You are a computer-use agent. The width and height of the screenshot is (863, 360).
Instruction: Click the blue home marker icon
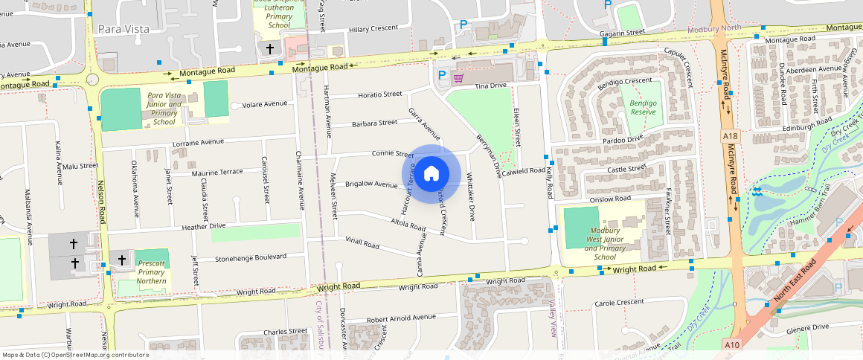click(x=431, y=174)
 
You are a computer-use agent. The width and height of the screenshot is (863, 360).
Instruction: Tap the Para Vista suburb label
click(x=123, y=29)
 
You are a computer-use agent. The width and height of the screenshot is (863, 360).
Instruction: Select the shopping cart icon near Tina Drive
click(x=459, y=77)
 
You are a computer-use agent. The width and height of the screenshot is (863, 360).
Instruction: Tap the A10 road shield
click(x=734, y=344)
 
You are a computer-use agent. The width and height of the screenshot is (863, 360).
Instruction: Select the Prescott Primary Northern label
click(x=152, y=272)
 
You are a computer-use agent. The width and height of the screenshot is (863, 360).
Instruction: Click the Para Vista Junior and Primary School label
click(x=164, y=109)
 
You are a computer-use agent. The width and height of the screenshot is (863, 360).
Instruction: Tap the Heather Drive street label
click(x=198, y=225)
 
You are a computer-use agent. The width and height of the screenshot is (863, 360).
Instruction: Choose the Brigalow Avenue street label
click(x=371, y=184)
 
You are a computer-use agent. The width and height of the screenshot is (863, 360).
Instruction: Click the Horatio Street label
click(x=379, y=94)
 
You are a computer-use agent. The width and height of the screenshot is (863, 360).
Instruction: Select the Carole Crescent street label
click(x=619, y=303)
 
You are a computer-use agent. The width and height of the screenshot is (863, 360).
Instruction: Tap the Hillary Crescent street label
click(x=374, y=29)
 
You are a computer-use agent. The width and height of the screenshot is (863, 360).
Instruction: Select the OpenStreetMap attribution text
click(x=74, y=355)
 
